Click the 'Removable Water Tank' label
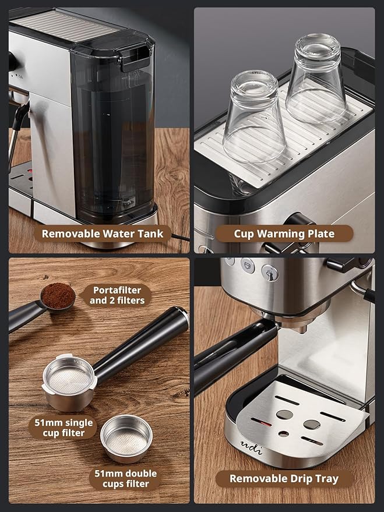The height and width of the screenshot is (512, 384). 101,234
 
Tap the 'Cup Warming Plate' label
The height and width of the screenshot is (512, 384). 284,234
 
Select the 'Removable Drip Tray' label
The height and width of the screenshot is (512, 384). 283,478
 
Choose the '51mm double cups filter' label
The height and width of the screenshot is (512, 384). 126,479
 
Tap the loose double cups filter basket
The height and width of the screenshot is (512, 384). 126,439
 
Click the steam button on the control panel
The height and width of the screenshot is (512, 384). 269,271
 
